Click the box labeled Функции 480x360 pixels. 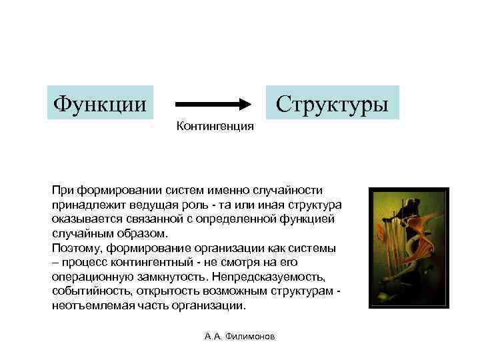pyautogui.click(x=100, y=103)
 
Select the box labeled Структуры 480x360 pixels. pyautogui.click(x=332, y=103)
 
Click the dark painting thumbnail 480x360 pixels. pyautogui.click(x=409, y=247)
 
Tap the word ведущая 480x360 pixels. pyautogui.click(x=153, y=205)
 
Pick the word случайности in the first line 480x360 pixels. pyautogui.click(x=291, y=190)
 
